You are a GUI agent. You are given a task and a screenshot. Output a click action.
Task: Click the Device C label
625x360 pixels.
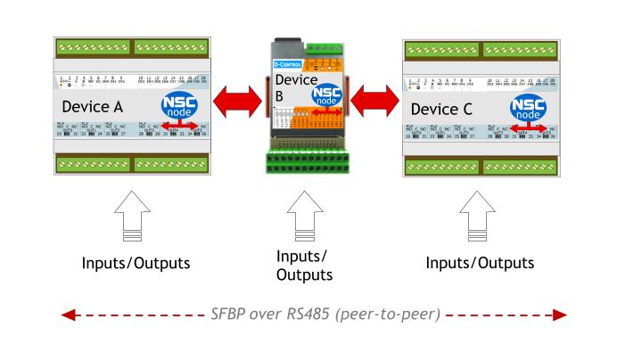(x=447, y=109)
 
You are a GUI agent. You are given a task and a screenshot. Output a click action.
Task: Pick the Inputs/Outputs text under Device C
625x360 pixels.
(x=481, y=264)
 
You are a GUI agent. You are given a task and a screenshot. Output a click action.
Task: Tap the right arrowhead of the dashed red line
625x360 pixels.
(x=559, y=314)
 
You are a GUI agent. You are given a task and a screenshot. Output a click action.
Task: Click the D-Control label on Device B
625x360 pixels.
(x=288, y=65)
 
